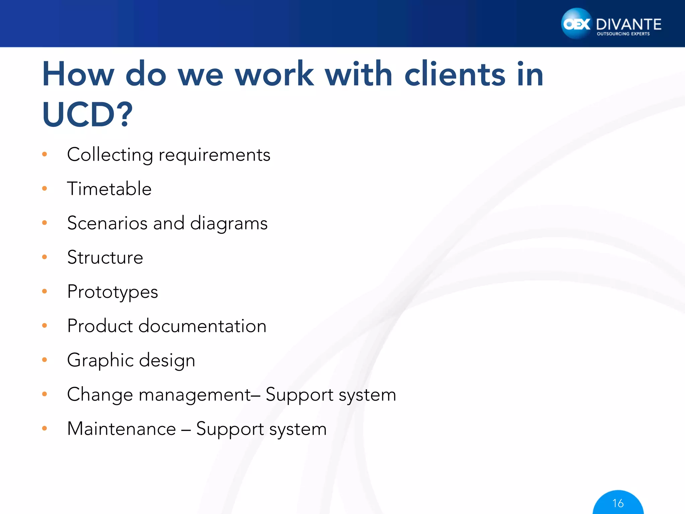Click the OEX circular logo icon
(x=576, y=24)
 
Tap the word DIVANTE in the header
(x=628, y=24)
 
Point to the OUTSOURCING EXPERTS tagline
(x=623, y=34)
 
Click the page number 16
(x=618, y=503)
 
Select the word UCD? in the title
(x=87, y=114)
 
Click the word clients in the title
(x=455, y=74)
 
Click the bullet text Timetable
(x=109, y=189)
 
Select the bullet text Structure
(x=105, y=257)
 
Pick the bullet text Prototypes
(x=112, y=292)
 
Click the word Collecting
(x=110, y=155)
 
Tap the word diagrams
(x=229, y=223)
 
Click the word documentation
(x=202, y=326)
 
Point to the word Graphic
(x=100, y=360)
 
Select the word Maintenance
(x=121, y=429)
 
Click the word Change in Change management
(x=100, y=395)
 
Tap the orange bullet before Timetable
(x=44, y=189)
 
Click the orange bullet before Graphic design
(x=44, y=360)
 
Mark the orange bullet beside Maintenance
(x=44, y=428)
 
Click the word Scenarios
(x=107, y=223)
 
